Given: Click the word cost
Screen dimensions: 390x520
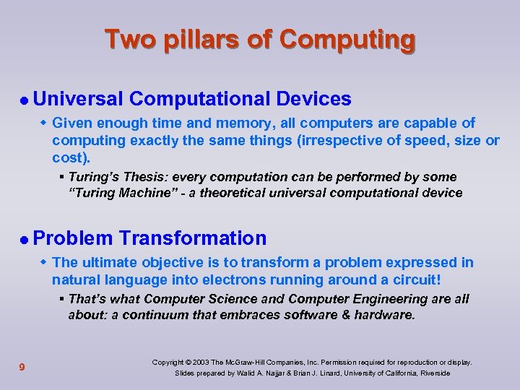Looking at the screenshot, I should coord(70,157).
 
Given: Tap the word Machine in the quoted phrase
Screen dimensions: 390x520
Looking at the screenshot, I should coord(145,193).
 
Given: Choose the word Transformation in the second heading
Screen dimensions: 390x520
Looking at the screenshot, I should coord(193,238).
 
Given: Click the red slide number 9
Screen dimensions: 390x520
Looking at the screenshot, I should coord(22,368).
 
